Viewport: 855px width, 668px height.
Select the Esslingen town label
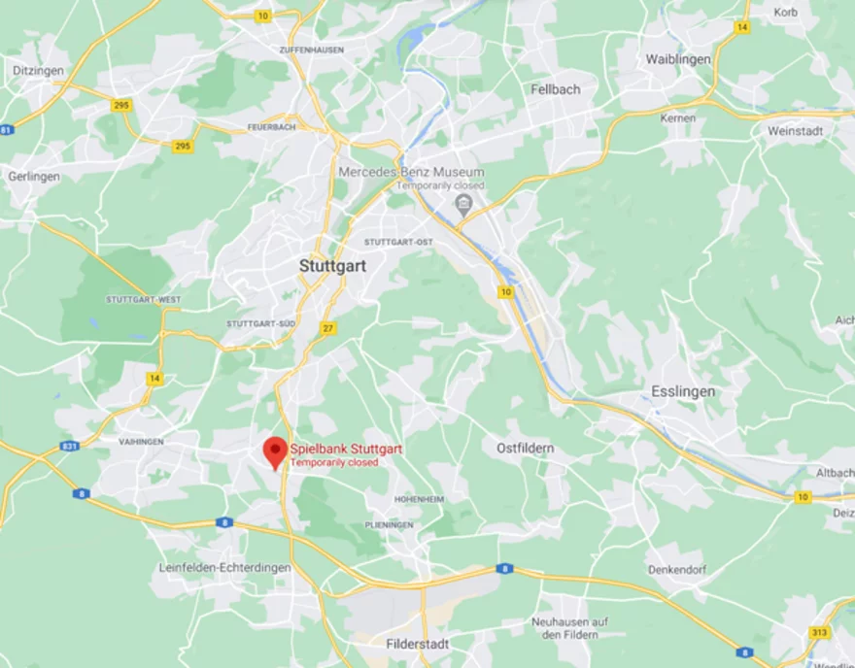[683, 391]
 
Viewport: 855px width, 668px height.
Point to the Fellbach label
[556, 89]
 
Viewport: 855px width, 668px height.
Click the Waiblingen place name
[678, 59]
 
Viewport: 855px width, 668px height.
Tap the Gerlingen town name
[34, 177]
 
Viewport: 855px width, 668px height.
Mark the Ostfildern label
[525, 448]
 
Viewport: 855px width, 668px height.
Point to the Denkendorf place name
[677, 570]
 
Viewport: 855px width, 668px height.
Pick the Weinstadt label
[795, 130]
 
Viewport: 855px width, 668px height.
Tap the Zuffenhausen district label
[311, 50]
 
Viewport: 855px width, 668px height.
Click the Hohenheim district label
[419, 499]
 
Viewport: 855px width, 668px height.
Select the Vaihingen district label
[141, 441]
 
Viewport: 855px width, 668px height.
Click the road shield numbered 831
[69, 446]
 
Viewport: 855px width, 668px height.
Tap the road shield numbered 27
[328, 328]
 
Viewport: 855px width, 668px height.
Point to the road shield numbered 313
[819, 632]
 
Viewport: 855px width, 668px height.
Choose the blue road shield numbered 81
[8, 130]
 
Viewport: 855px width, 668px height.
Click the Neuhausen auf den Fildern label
[569, 627]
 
